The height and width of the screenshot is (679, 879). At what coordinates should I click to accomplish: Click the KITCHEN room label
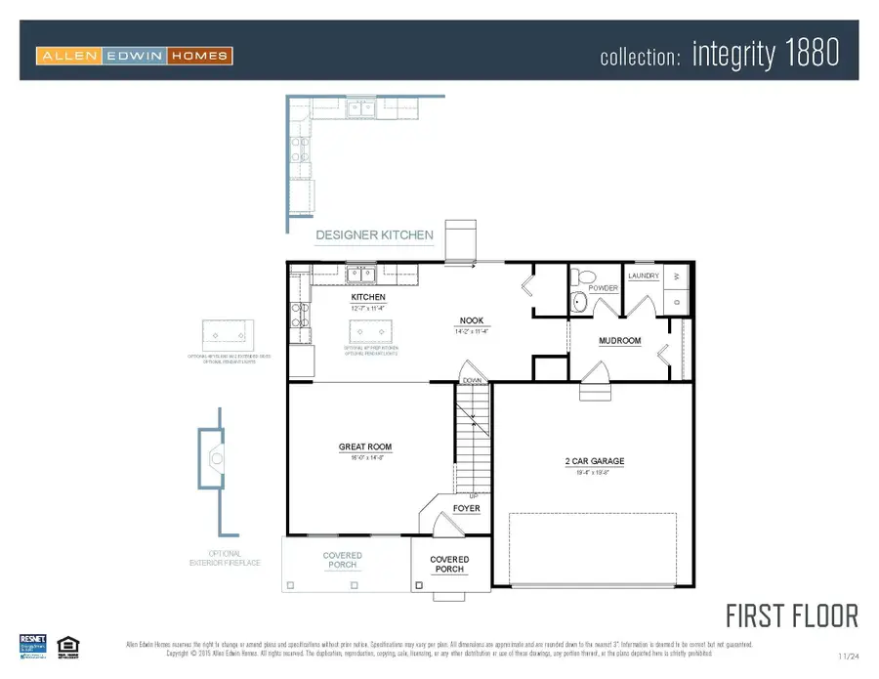(x=368, y=297)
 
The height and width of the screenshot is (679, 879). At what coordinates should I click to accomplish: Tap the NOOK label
(x=473, y=320)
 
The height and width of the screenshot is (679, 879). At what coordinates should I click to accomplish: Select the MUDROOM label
(x=619, y=341)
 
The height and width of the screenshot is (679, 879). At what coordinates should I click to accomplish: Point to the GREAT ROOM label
(x=365, y=447)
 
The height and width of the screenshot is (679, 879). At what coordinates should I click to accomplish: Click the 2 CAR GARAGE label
(x=594, y=461)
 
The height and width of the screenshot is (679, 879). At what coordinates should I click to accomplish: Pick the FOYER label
(x=467, y=509)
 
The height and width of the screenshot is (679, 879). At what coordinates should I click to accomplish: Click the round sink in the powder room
(x=578, y=302)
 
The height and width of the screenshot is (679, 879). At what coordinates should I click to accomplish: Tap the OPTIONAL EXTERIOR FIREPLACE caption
(x=227, y=559)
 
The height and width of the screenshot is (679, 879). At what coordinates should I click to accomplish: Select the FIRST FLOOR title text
(x=791, y=616)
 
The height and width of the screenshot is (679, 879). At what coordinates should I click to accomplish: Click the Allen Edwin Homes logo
(x=134, y=56)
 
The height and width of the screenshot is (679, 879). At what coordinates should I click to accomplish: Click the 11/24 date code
(x=850, y=656)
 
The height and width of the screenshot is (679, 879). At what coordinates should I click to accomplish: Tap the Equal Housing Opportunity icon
(x=66, y=645)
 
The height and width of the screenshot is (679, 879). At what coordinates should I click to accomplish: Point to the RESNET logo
(x=33, y=645)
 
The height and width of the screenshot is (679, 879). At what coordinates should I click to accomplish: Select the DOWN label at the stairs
(x=472, y=379)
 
